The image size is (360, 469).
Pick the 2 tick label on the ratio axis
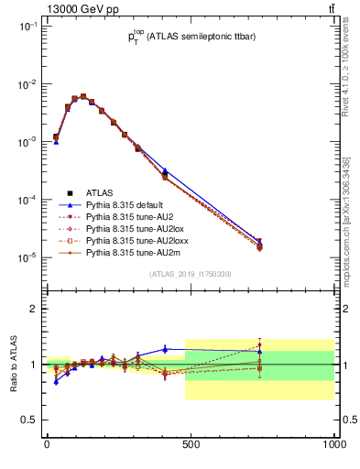pos(34,309)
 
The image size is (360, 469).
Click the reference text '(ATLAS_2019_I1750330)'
pos(191,274)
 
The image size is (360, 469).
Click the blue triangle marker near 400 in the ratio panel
pos(165,348)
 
